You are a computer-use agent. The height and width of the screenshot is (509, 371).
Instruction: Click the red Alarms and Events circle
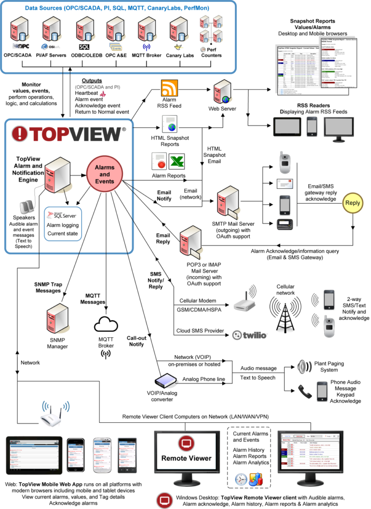(105, 174)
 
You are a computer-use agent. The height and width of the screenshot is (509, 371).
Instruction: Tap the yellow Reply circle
(352, 203)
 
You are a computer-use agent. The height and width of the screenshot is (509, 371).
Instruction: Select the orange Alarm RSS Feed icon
(170, 90)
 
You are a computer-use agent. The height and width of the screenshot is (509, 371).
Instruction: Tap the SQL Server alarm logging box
(63, 223)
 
